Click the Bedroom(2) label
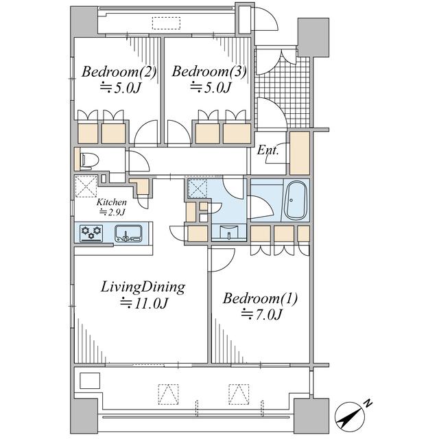coord(119,71)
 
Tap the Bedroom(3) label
coord(209,71)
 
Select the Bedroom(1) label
coord(261,298)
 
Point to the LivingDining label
coord(143,287)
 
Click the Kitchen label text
coord(112,202)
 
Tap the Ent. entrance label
coord(268,151)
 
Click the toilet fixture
coord(90,161)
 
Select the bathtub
coord(296,201)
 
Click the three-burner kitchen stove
coord(91,233)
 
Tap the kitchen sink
coord(128,233)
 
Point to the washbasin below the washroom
coord(229,233)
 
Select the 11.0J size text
coord(145,303)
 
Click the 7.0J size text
coord(261,315)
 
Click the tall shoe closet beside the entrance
coord(299,153)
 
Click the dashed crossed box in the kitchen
coord(86,186)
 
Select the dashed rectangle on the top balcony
coord(166,23)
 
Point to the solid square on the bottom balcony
coord(90,381)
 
